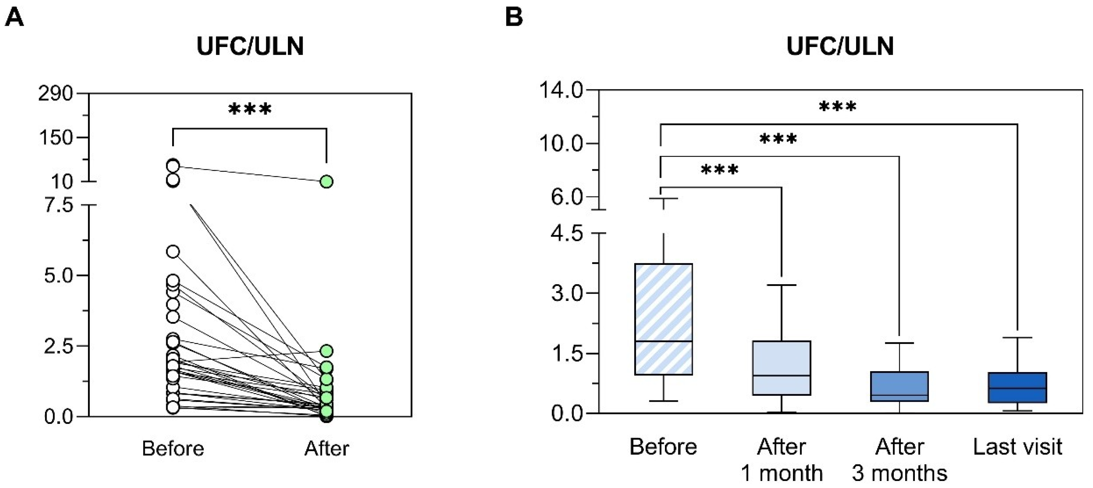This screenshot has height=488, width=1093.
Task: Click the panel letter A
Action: coord(14,18)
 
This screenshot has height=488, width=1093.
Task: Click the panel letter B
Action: coord(514,18)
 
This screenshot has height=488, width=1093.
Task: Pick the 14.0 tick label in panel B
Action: coord(561,91)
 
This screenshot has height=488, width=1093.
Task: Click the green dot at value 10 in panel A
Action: coord(326,182)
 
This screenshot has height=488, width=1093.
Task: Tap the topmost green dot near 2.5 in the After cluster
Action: coord(326,351)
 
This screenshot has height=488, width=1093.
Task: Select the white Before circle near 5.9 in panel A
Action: coord(173,252)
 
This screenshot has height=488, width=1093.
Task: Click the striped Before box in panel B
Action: coord(663,319)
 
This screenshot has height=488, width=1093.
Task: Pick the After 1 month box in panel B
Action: coord(782,368)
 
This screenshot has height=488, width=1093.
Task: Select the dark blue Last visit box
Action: coord(1017,387)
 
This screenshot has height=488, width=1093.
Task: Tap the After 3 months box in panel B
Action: coord(899,386)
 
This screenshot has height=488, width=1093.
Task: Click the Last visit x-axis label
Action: coord(1017,447)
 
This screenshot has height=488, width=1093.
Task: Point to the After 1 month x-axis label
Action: coord(782,460)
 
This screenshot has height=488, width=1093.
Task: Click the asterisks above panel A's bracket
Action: coord(250,110)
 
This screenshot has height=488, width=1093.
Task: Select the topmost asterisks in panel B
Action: coord(837,107)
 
